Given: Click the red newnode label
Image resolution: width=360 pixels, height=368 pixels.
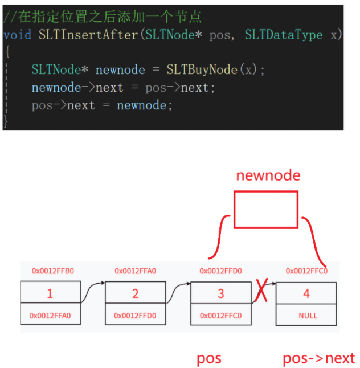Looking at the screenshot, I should point(268,175).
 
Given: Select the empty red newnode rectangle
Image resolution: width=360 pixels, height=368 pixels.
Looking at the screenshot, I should point(266,210).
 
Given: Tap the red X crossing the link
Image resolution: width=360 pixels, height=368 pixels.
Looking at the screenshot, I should point(262,292).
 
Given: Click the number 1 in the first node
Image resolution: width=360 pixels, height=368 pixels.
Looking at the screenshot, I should point(50,294).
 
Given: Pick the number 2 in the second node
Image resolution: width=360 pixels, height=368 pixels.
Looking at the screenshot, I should point(135,294).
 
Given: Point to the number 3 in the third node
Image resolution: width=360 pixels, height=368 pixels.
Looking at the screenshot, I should point(220,294).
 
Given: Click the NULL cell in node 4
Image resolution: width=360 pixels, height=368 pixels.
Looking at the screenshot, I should point(308,315).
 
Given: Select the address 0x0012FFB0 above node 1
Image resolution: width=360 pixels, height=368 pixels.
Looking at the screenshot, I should point(52,271).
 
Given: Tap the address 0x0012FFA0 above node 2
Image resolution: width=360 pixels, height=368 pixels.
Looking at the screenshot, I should point(136,271).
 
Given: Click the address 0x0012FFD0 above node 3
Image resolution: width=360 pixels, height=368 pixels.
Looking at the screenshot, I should point(220,271).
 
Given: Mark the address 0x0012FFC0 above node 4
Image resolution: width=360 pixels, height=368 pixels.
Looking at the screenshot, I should point(306,271).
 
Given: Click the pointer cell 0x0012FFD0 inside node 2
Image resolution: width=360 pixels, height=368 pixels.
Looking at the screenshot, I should point(135,315).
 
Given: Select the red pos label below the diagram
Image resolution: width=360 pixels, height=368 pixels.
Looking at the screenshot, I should point(209,359).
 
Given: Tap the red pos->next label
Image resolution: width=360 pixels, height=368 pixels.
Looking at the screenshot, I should point(318,359).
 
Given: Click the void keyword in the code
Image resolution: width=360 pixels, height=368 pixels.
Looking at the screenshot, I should point(17,35).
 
